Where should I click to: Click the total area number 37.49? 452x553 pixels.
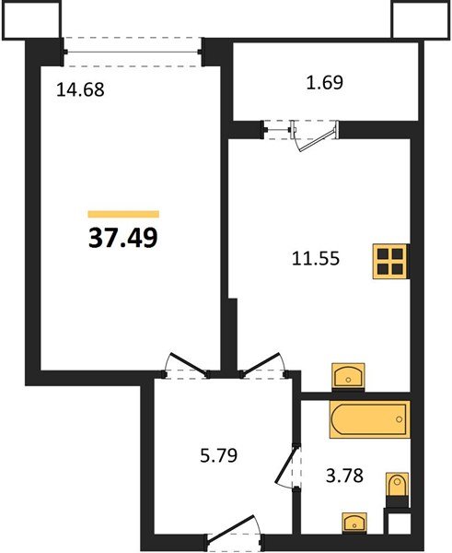click(122, 238)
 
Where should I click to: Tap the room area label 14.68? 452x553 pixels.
click(80, 89)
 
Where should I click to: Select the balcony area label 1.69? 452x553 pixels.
click(324, 83)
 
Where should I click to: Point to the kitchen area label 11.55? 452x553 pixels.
click(316, 258)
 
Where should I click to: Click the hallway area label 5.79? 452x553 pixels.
click(218, 455)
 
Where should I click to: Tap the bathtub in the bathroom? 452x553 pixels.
click(370, 419)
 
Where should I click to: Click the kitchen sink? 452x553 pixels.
click(348, 377)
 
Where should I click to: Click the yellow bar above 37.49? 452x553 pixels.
click(123, 214)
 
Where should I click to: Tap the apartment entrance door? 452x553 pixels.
click(234, 531)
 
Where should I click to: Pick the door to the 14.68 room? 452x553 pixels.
click(187, 366)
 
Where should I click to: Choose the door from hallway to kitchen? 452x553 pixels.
click(263, 366)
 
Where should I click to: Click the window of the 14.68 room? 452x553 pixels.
click(133, 53)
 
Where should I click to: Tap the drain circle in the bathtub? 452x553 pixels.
click(399, 419)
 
